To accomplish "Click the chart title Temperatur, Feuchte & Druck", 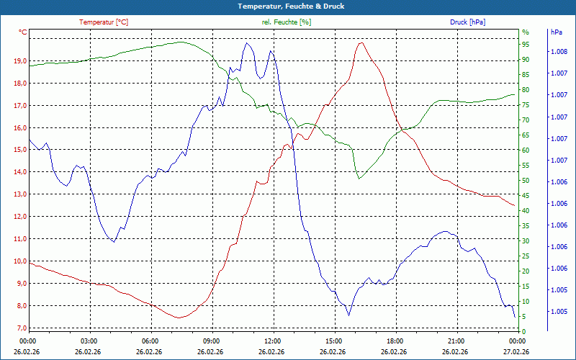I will (287, 6).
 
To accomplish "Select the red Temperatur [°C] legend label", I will (104, 22).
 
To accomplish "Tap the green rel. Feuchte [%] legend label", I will (287, 22).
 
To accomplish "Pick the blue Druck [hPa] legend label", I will (467, 22).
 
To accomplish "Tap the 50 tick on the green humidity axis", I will (526, 181).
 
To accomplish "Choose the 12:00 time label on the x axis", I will (273, 341).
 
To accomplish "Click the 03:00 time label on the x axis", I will (89, 341).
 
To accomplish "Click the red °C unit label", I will (22, 32).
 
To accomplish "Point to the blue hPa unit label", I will (556, 32).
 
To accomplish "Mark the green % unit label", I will (525, 32).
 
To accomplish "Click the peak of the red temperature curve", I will (361, 42).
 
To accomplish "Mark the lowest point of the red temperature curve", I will (179, 318).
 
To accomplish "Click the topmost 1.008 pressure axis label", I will (559, 52).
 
